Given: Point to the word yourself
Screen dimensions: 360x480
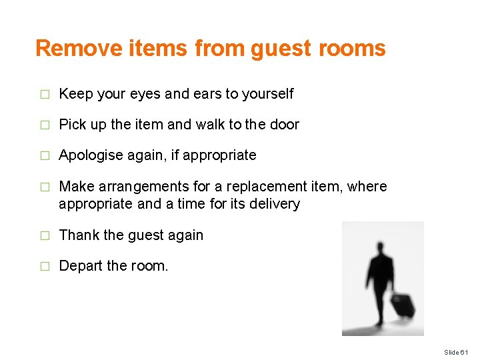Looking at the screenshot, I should [267, 94].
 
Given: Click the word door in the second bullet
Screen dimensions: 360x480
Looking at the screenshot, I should [286, 125].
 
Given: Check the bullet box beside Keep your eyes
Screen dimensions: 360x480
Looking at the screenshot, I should [45, 95].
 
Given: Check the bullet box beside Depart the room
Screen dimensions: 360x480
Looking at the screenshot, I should [45, 267].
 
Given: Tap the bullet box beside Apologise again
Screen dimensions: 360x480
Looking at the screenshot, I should [45, 156].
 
